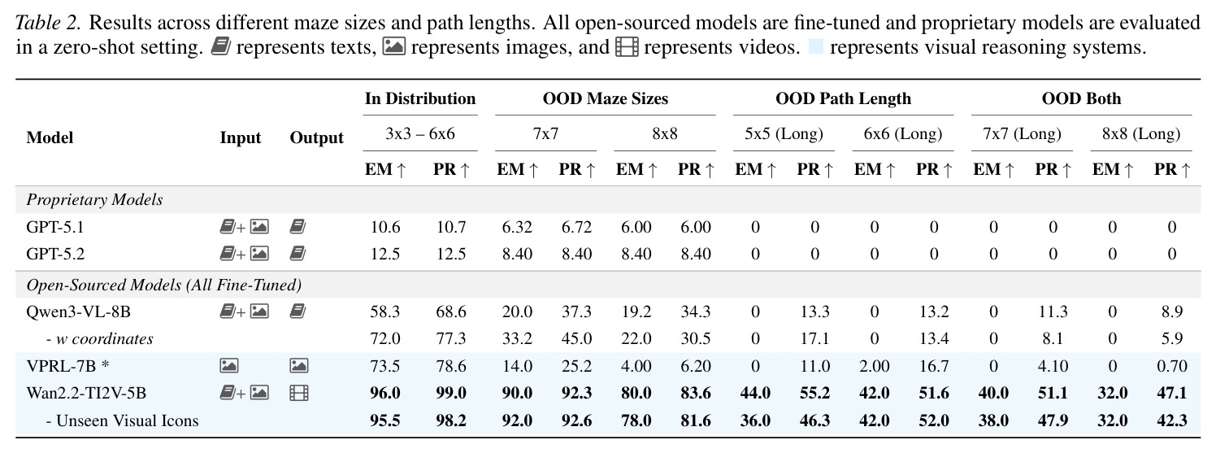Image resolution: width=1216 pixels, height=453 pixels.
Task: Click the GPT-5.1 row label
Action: [x=55, y=226]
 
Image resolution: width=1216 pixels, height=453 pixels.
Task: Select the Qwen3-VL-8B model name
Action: [x=78, y=311]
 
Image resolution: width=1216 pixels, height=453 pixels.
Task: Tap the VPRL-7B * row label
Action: [x=67, y=365]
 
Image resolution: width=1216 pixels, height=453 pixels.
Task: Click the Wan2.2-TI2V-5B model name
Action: [x=86, y=393]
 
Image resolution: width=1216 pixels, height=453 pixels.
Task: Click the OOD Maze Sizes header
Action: [x=606, y=98]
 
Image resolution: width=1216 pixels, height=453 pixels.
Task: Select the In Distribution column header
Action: [x=420, y=98]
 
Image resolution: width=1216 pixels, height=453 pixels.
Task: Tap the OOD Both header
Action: [x=1081, y=98]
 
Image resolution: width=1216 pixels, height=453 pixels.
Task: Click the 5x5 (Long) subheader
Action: [x=784, y=133]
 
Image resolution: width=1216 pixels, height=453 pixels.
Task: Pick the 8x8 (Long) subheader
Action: [x=1141, y=133]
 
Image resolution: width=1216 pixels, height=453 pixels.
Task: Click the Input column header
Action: [x=241, y=137]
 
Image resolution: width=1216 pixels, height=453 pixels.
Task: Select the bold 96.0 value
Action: [x=385, y=393]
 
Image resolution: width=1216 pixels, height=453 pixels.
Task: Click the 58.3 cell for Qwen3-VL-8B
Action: [x=385, y=311]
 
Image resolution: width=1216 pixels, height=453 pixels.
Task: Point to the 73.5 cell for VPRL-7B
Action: [x=385, y=365]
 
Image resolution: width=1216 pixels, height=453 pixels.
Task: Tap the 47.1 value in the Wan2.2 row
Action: [x=1171, y=393]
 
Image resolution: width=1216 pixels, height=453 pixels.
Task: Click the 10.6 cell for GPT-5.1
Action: [x=385, y=226]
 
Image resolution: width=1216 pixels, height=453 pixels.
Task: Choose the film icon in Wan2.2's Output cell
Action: [x=299, y=393]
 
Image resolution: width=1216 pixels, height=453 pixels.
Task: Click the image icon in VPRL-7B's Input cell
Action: [x=229, y=365]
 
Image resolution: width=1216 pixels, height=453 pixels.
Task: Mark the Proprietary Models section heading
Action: [x=94, y=200]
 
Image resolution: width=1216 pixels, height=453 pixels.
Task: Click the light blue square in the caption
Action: [x=815, y=46]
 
